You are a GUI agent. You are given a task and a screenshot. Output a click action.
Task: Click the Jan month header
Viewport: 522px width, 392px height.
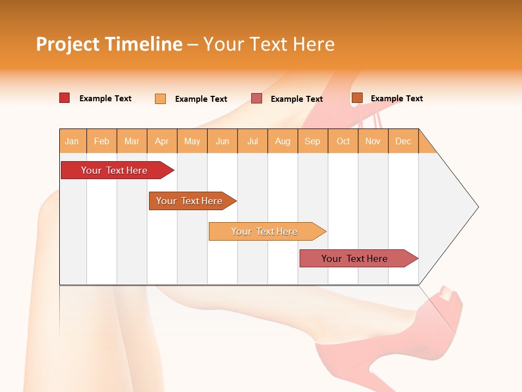click(72, 141)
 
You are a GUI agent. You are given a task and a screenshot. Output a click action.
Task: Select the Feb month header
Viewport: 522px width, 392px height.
click(102, 141)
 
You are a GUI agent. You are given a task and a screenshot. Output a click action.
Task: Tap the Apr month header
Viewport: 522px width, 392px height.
click(162, 141)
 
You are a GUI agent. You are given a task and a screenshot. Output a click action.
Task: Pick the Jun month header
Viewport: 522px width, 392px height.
click(222, 141)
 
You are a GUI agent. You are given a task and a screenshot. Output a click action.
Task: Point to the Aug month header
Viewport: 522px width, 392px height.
click(283, 141)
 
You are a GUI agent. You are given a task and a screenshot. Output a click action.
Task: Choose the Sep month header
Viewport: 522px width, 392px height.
click(313, 141)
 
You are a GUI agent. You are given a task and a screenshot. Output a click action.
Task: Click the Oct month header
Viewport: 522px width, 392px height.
click(343, 141)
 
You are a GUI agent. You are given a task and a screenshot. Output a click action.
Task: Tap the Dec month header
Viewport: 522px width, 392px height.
click(403, 141)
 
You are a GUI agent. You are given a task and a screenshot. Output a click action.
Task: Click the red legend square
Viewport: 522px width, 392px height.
click(65, 98)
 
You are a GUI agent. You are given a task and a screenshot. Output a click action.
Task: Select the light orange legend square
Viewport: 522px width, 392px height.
click(160, 99)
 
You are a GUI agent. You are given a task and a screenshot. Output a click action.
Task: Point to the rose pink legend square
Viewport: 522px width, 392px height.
click(257, 99)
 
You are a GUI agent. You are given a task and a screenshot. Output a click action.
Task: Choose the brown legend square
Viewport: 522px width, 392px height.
click(357, 98)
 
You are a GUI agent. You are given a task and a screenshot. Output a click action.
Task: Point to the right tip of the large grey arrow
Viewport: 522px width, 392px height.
click(477, 207)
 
